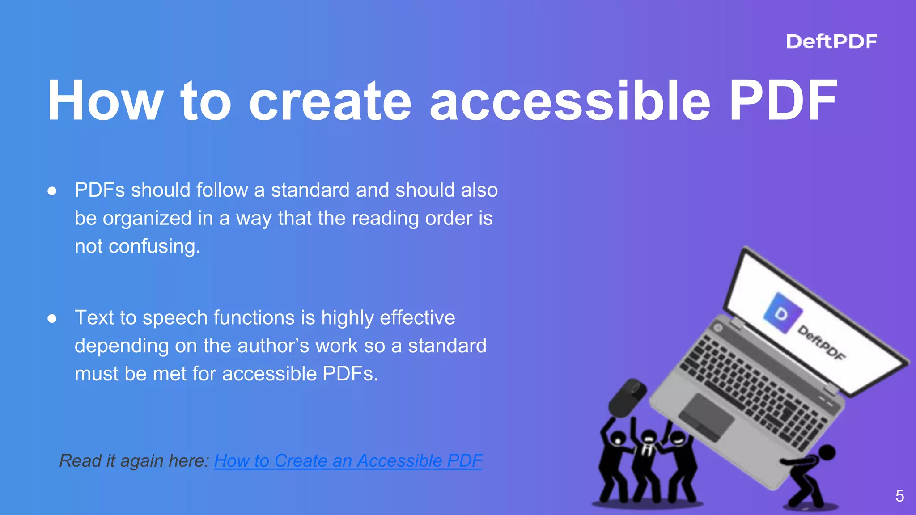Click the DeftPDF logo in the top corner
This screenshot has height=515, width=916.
[x=831, y=41]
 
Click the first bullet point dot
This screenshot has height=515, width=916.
[x=52, y=191]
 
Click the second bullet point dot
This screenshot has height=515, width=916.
[x=52, y=319]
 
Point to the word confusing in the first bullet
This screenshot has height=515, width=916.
[x=154, y=246]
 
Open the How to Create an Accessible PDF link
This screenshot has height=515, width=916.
[x=348, y=461]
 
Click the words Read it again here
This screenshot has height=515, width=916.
[x=134, y=461]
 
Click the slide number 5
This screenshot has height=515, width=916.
[x=900, y=496]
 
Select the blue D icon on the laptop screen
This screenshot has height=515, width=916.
[x=782, y=313]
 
